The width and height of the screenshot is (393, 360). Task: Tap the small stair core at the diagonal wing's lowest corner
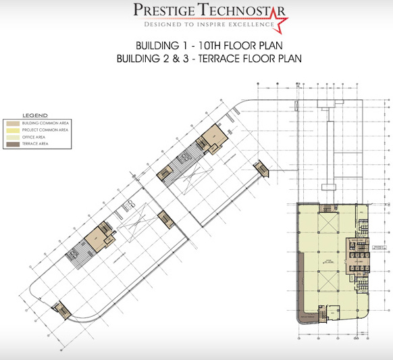(x=62, y=308)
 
